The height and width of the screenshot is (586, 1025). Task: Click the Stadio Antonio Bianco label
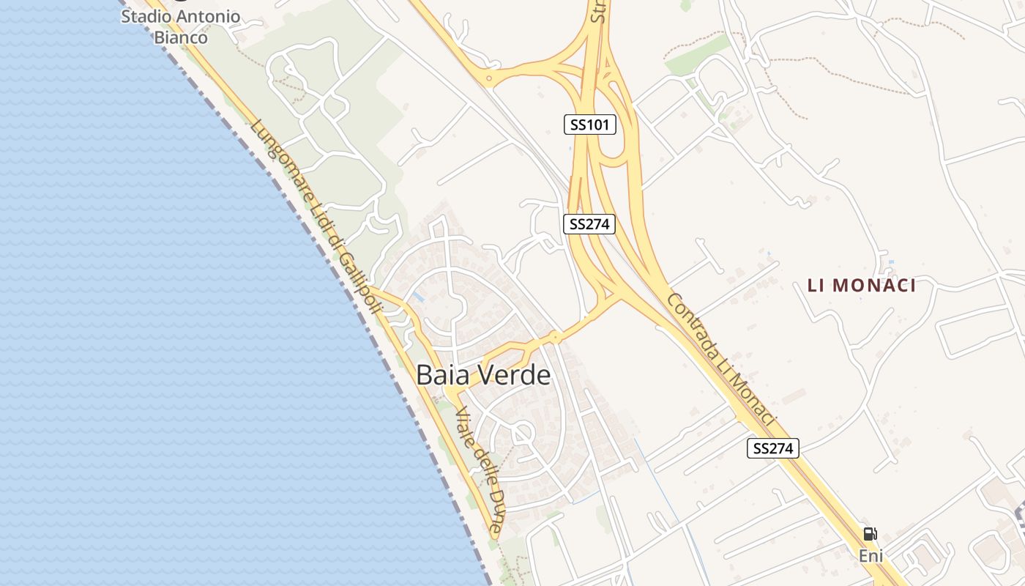click(x=180, y=26)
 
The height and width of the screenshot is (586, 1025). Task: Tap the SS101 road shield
click(x=589, y=125)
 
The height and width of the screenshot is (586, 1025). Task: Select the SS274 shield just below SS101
click(x=589, y=224)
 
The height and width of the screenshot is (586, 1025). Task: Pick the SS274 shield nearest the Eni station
click(x=772, y=448)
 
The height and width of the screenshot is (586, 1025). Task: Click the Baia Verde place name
click(x=483, y=375)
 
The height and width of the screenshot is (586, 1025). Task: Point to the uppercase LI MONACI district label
click(x=862, y=286)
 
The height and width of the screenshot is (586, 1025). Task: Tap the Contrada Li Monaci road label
click(x=720, y=360)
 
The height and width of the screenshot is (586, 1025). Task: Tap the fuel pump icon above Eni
click(x=870, y=534)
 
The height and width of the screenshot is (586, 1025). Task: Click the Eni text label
click(x=871, y=557)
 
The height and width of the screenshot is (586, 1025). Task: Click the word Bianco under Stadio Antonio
click(x=181, y=37)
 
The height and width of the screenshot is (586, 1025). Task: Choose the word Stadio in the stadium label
click(x=145, y=15)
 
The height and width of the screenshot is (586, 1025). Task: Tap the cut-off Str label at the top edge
click(x=598, y=12)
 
